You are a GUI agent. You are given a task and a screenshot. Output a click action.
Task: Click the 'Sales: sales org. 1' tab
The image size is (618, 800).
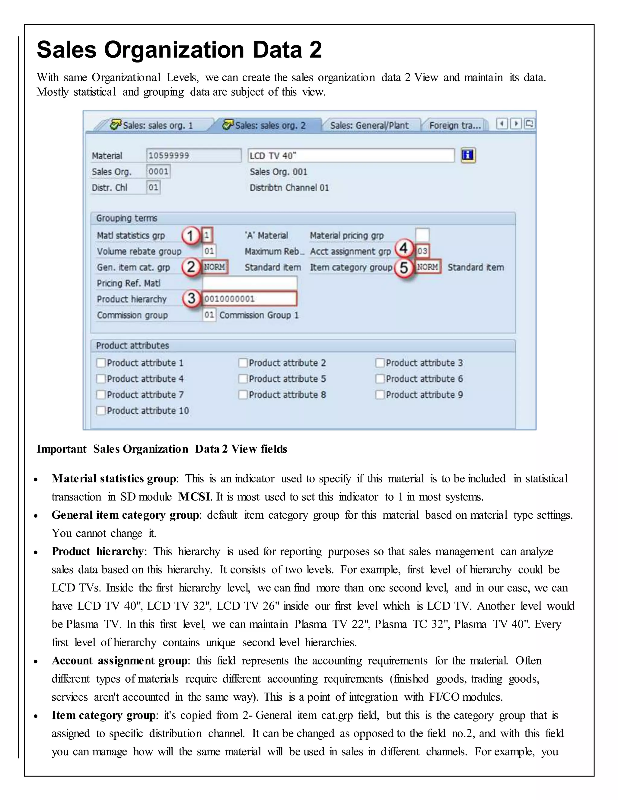click(x=152, y=125)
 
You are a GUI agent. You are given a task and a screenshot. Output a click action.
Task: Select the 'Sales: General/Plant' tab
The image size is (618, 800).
click(x=369, y=125)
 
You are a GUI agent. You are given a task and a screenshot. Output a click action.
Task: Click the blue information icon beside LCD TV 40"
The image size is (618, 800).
click(x=468, y=155)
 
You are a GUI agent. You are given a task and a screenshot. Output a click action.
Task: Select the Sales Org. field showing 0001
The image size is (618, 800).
click(x=158, y=171)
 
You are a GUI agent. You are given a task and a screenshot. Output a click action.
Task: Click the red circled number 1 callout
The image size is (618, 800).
click(x=190, y=235)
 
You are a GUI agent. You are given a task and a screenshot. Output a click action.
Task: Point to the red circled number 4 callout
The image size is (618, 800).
click(x=403, y=249)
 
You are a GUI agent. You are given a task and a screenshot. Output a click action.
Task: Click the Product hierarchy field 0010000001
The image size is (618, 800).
click(x=249, y=299)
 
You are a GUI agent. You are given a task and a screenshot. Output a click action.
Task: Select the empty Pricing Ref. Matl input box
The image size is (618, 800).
click(x=249, y=283)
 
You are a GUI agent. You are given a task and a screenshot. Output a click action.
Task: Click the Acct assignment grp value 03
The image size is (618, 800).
click(x=422, y=251)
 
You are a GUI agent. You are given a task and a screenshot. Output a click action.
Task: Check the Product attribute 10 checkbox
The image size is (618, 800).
click(x=101, y=411)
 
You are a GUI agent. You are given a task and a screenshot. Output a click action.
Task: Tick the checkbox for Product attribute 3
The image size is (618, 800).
click(x=380, y=363)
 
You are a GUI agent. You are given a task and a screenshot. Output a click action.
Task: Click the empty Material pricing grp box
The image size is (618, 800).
click(x=422, y=235)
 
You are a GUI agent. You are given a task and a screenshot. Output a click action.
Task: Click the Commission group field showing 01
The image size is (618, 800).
click(x=209, y=315)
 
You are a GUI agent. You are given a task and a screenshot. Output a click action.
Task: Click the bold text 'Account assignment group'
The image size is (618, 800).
click(x=119, y=661)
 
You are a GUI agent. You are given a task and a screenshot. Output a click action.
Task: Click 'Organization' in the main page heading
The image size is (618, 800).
click(x=174, y=50)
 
